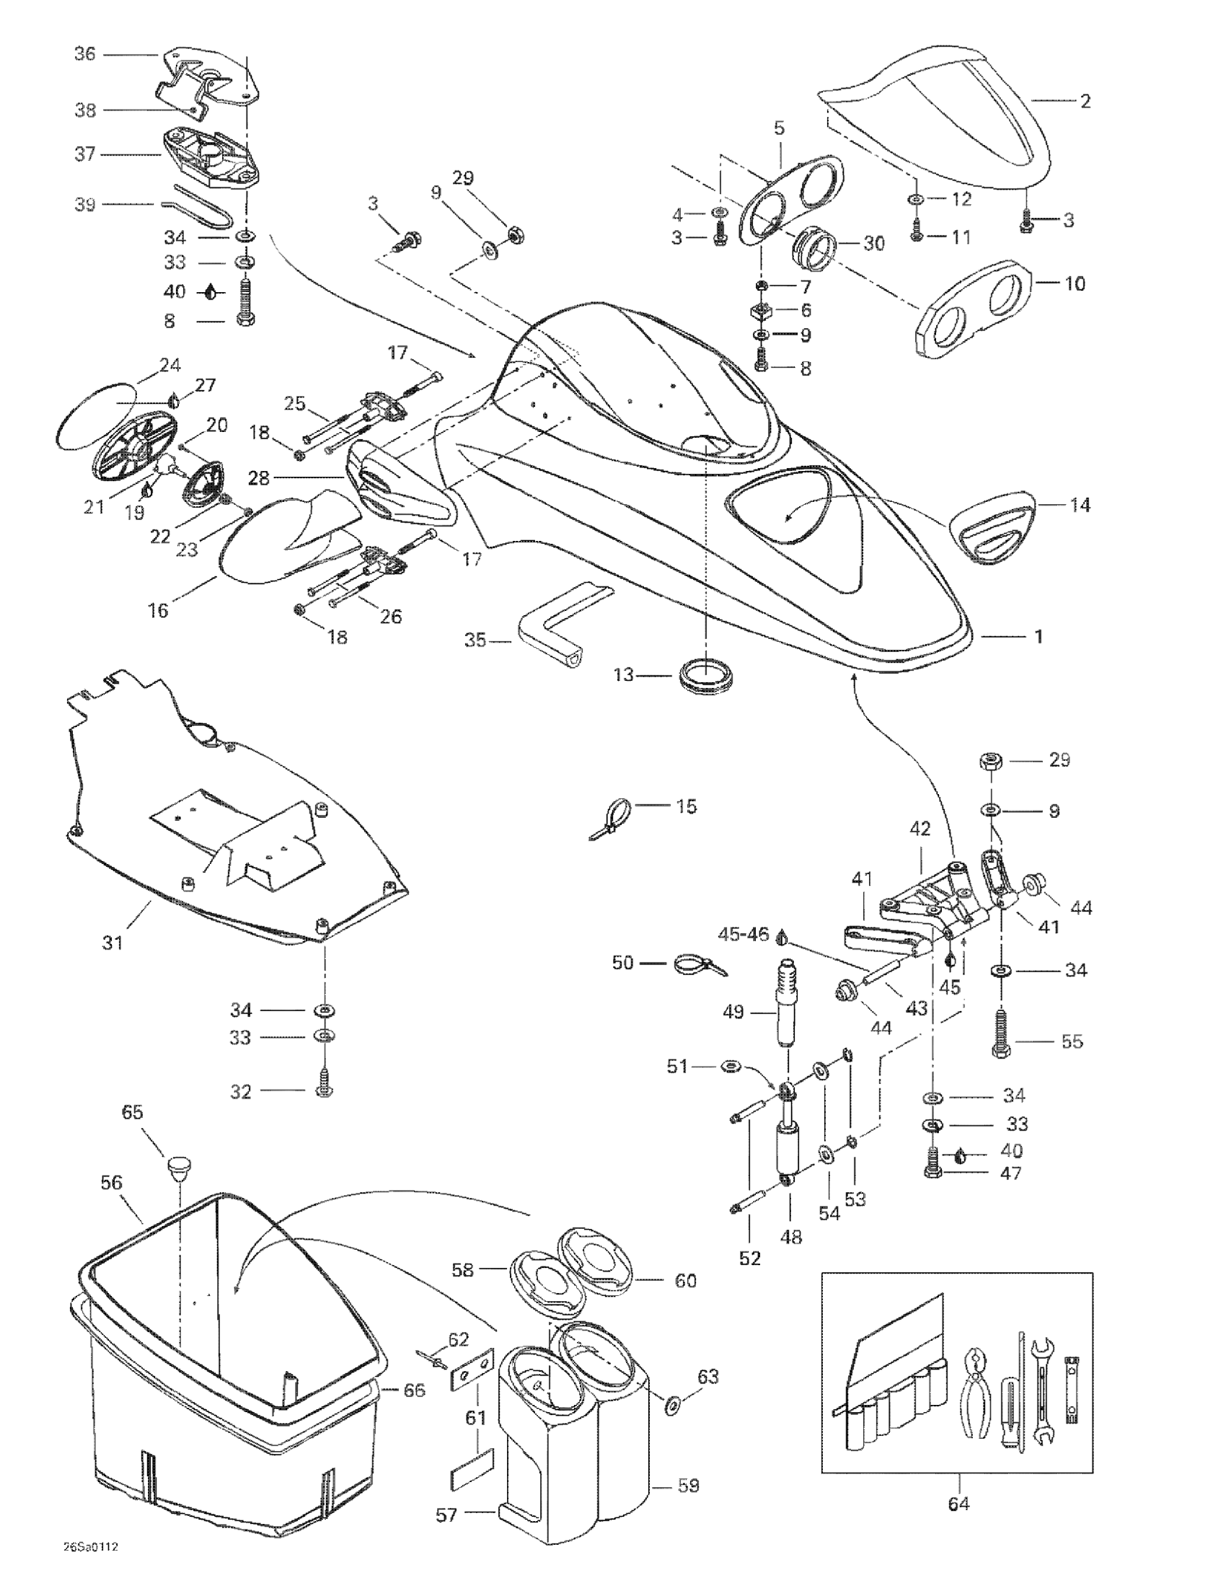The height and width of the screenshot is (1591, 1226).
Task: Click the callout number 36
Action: tap(85, 54)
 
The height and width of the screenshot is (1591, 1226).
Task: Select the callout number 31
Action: tap(113, 943)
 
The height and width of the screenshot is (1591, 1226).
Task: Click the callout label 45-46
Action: tap(744, 934)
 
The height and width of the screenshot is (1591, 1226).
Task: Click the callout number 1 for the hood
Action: tap(1038, 637)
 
